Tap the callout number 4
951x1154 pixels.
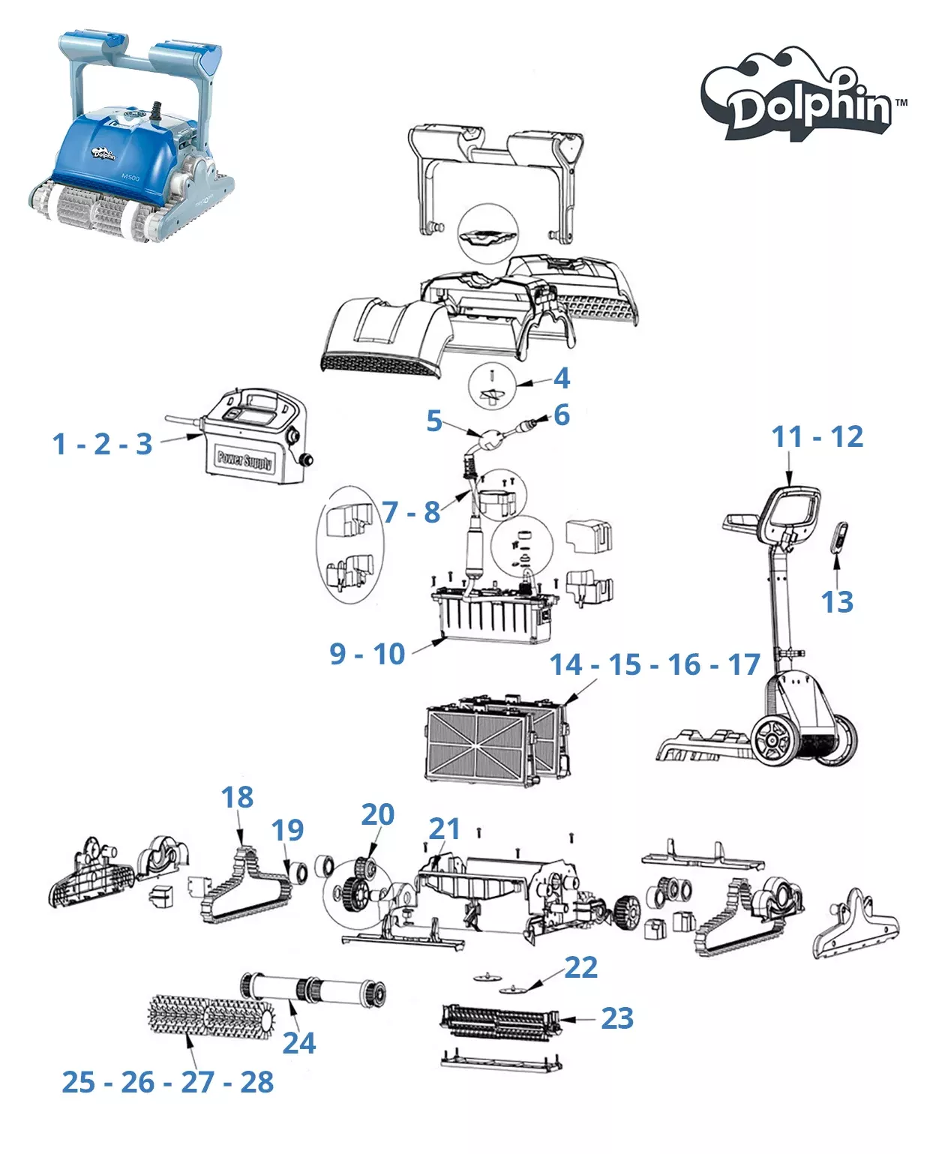tap(561, 379)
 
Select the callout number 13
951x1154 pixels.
tap(836, 602)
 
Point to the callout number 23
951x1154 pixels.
tap(617, 1018)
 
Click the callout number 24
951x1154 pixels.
tap(299, 1043)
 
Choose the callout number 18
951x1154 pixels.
tap(237, 797)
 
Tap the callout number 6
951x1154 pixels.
tap(562, 415)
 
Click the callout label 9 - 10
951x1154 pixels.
tap(367, 654)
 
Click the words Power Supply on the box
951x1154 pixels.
tap(245, 460)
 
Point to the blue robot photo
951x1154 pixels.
tap(131, 137)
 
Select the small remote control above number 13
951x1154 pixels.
tap(838, 536)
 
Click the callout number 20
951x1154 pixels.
tap(378, 814)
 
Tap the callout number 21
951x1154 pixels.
tap(444, 829)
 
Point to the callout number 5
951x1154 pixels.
tap(434, 421)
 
